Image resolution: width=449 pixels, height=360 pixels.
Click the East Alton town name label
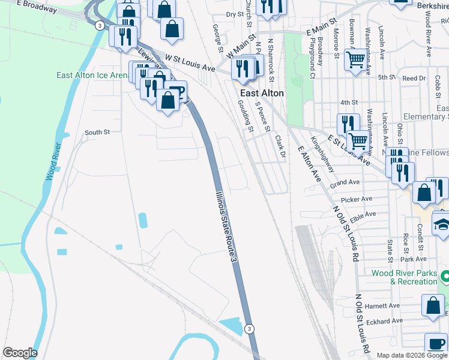pos(262,93)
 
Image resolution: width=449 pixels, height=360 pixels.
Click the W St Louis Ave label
pos(190,62)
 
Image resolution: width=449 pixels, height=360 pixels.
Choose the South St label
pos(97,132)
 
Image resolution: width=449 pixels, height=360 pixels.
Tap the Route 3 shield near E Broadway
pos(99,25)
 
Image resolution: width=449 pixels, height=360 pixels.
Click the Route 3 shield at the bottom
pos(250,328)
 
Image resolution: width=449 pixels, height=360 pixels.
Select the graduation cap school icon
pos(442,224)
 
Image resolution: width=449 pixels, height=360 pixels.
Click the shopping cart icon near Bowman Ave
pos(356,59)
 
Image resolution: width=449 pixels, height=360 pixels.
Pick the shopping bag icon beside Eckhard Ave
pos(433,305)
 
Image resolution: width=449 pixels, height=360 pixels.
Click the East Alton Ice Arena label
pos(92,75)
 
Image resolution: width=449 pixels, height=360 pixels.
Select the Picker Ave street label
pos(357,199)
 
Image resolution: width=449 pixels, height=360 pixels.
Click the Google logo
pos(20,353)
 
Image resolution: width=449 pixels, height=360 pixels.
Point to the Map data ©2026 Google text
pos(412,355)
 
